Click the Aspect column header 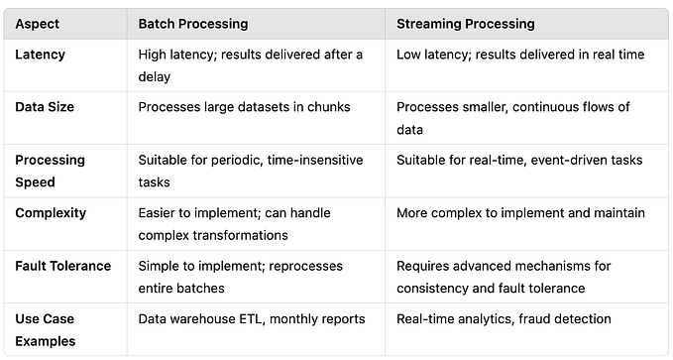37,23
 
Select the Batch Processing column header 192,23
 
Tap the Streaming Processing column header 466,23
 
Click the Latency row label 41,54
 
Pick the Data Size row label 46,106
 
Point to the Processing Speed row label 50,171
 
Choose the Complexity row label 51,212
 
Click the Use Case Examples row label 45,329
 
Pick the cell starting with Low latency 519,54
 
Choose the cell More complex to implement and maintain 520,212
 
